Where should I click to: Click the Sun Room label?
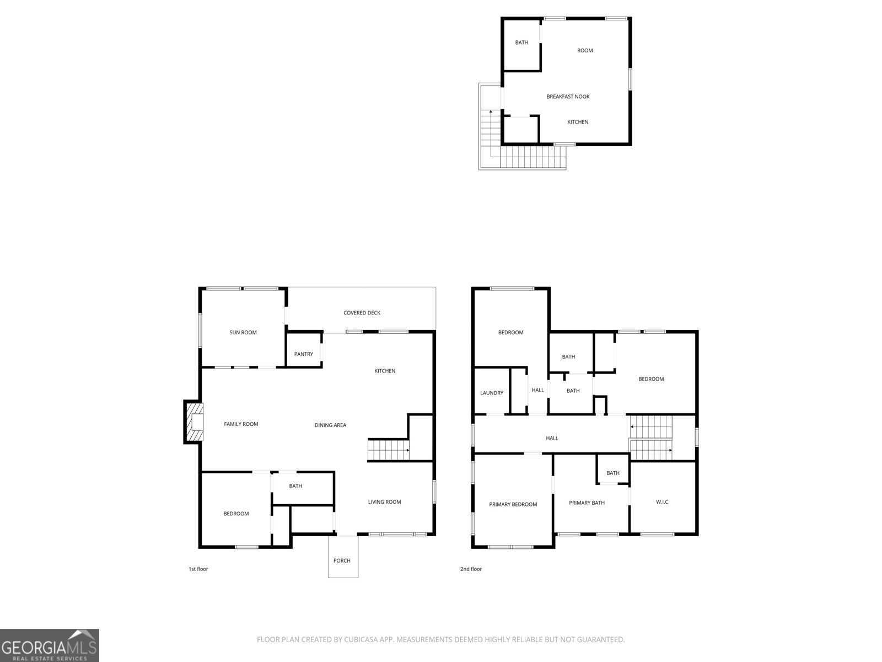(x=243, y=333)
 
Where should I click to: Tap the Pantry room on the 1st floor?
(x=303, y=354)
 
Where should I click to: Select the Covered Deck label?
(x=362, y=313)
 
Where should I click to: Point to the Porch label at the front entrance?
(x=342, y=560)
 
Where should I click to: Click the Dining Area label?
(x=330, y=425)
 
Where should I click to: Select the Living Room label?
(x=384, y=502)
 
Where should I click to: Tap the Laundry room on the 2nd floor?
(x=491, y=393)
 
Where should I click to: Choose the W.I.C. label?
(x=663, y=502)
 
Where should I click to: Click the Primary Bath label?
(x=587, y=503)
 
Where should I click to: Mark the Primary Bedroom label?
(x=513, y=504)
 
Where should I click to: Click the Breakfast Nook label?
(x=568, y=97)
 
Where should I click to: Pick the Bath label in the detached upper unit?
(x=521, y=42)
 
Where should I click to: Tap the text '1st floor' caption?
(x=198, y=569)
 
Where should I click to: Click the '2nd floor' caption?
(x=471, y=569)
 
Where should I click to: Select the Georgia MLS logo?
(x=49, y=645)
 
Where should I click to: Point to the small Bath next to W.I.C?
(x=612, y=473)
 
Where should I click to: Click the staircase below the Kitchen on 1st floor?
(x=389, y=450)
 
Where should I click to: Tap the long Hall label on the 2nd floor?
(x=552, y=438)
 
